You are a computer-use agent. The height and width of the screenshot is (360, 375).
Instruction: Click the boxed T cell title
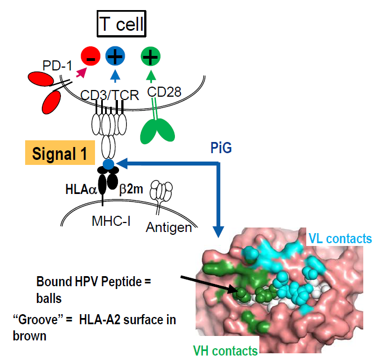(x=121, y=23)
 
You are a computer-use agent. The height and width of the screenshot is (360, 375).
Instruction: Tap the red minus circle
(x=91, y=56)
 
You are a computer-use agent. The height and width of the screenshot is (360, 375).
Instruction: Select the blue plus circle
(x=115, y=56)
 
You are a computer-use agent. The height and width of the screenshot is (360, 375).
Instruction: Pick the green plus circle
(x=150, y=56)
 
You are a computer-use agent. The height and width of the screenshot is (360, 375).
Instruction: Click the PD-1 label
(x=57, y=65)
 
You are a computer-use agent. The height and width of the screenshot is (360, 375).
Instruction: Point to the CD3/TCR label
(x=110, y=95)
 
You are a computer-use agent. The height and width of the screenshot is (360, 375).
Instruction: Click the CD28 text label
(x=164, y=92)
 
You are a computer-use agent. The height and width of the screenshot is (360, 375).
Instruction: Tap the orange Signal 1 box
(x=60, y=153)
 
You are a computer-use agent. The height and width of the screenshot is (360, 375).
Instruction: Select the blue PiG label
(x=221, y=148)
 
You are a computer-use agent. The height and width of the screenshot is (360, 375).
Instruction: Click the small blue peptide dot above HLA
(x=108, y=164)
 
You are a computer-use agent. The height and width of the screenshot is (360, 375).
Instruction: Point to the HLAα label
(x=81, y=190)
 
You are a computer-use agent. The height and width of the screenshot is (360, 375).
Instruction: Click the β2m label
(x=131, y=189)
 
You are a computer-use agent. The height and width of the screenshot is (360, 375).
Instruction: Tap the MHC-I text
(x=111, y=221)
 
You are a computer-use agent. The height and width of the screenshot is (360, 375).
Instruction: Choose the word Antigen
(x=169, y=228)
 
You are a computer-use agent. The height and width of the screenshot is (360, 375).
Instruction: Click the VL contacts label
(x=340, y=239)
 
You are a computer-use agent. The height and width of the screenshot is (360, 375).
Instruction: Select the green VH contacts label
(x=225, y=351)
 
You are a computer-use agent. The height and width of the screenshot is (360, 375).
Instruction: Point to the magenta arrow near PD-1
(x=81, y=73)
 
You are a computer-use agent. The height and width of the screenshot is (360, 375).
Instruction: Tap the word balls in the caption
(x=49, y=299)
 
